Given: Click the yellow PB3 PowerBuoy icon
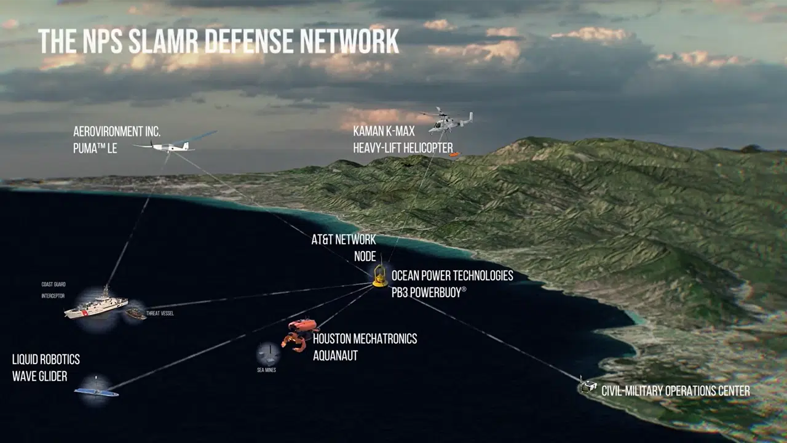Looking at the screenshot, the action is pos(381,277).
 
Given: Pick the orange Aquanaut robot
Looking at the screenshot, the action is pos(298,333).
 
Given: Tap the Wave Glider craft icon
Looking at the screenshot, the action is pos(97,391).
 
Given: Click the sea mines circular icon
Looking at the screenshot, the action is pos(268,353).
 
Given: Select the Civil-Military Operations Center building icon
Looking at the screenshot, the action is pos(588,387).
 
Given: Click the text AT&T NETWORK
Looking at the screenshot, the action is pos(343,240).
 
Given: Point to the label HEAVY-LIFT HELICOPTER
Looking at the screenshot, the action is pos(403,148).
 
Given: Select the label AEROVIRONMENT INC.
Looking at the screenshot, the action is pos(117,132).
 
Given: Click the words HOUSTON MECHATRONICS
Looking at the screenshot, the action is pos(365,339).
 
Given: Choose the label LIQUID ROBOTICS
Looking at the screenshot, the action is pos(46,359).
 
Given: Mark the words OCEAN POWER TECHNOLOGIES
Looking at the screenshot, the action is pos(452,276).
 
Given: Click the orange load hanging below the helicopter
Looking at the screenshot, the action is pos(454,154).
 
